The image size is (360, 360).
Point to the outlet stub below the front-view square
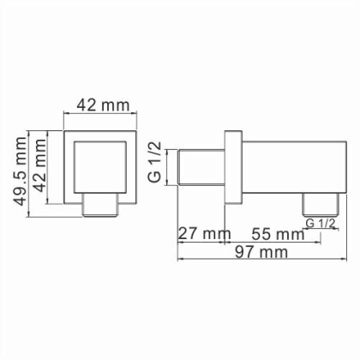100,206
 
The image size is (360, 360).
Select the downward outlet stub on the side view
318,205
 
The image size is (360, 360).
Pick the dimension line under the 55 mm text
274,240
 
